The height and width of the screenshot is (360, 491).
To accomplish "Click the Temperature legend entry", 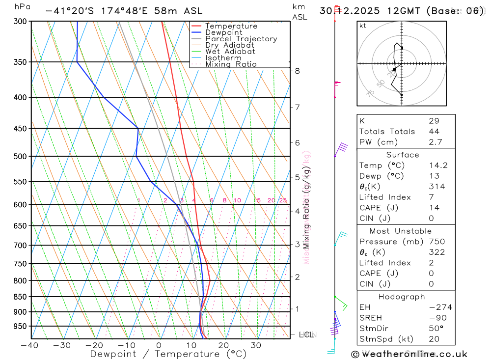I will click(231, 26).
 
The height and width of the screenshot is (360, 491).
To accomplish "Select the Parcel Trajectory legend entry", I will click(241, 39).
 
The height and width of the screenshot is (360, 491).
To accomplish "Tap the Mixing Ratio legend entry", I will click(231, 64).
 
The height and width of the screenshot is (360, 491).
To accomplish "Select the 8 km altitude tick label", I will click(297, 71).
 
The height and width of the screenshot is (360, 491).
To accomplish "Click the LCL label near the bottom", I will click(306, 335).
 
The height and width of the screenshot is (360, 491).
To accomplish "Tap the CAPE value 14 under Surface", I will click(434, 208).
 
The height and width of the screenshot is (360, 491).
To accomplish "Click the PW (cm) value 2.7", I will click(436, 142).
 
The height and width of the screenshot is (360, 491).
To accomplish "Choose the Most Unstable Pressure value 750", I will click(437, 242).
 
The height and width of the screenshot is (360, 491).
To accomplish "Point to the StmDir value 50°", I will click(436, 329).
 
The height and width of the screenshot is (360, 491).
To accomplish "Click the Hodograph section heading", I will click(402, 297).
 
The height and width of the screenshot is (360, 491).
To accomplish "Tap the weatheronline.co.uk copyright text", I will click(409, 354).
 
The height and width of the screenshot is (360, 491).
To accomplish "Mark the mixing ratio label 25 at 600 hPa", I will click(283, 200).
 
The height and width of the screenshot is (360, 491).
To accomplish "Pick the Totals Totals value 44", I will click(434, 132).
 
